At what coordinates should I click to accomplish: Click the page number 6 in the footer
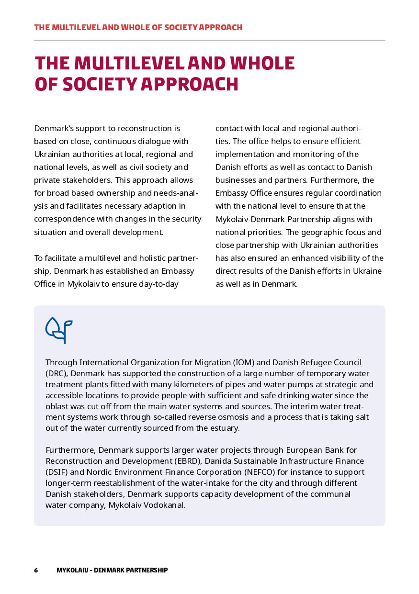(x=36, y=570)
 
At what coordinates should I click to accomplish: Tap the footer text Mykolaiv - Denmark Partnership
(x=112, y=570)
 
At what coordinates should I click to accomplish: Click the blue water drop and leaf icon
(x=58, y=330)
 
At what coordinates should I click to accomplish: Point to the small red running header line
(x=138, y=27)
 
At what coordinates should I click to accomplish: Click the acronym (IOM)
(x=245, y=362)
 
